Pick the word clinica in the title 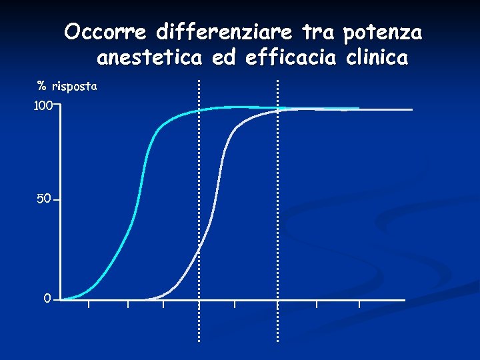pos(377,59)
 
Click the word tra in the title pos(316,32)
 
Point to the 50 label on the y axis pos(44,199)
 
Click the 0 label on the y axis pos(47,299)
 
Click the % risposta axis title pos(67,87)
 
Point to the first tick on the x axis pos(89,303)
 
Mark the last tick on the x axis pos(359,303)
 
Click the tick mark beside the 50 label pos(56,199)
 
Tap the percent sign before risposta pos(41,87)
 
